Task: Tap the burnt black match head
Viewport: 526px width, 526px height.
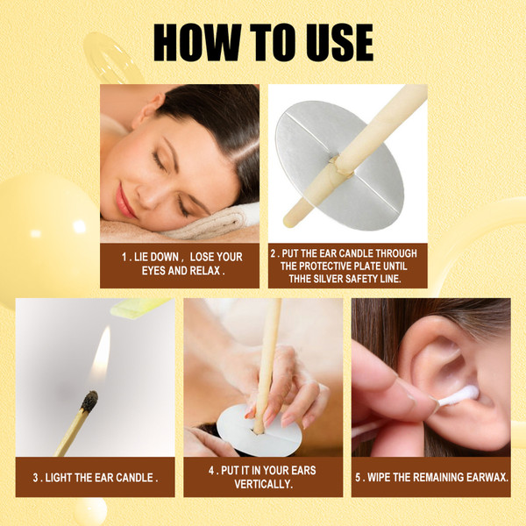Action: pos(89,402)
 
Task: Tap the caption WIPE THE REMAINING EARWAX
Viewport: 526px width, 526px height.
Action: pos(430,478)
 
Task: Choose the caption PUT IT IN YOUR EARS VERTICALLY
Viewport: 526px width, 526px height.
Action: pos(263,477)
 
